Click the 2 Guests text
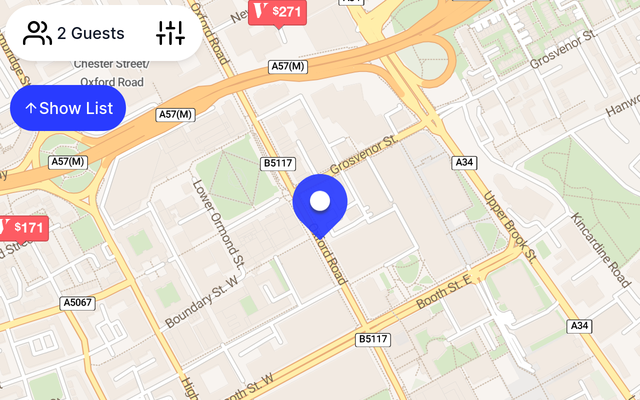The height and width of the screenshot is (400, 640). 90,33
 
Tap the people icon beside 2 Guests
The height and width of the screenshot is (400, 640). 37,33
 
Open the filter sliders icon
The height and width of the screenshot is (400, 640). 170,33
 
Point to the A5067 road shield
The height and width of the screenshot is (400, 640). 77,303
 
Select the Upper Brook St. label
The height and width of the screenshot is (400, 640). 509,227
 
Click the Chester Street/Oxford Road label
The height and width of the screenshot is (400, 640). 111,73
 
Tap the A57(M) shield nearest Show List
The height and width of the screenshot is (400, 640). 175,114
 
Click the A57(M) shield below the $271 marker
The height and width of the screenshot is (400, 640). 288,66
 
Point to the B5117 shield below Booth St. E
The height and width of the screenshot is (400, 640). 373,339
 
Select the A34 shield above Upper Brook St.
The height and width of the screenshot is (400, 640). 464,162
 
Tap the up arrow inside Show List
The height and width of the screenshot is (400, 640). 31,108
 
